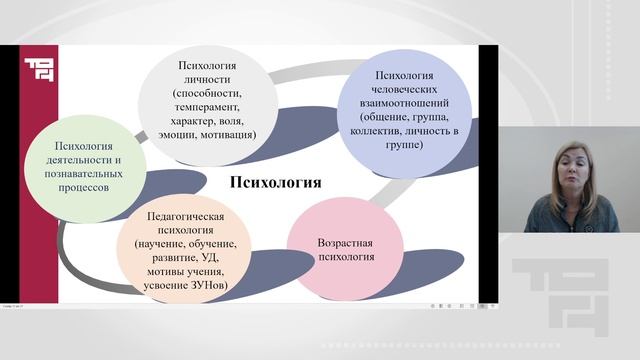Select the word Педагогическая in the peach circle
185,217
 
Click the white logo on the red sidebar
41,72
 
